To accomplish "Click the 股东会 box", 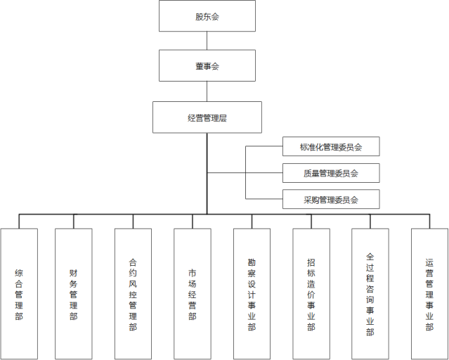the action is (207, 15).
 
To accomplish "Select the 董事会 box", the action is (207, 65).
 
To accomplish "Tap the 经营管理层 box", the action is (207, 117).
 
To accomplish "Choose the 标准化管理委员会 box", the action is (331, 146).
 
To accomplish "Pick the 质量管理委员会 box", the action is (331, 173).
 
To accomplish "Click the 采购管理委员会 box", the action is (331, 199).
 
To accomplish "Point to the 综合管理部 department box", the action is (19, 294).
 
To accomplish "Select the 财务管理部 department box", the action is (74, 294).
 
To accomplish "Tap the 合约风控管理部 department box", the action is (133, 294).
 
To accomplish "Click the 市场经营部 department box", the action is (193, 294).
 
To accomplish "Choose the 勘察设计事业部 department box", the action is (252, 294).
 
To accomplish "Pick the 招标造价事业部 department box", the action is (311, 294).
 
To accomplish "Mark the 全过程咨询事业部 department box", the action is (370, 294).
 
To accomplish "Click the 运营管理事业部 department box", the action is (429, 294).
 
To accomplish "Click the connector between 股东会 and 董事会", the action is (207, 41).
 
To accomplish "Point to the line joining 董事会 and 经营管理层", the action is (207, 91).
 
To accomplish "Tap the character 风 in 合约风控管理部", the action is (133, 284).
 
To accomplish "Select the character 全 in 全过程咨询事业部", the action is (370, 257).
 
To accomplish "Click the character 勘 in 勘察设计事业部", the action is (252, 262).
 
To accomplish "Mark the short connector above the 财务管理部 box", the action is (74, 221).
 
